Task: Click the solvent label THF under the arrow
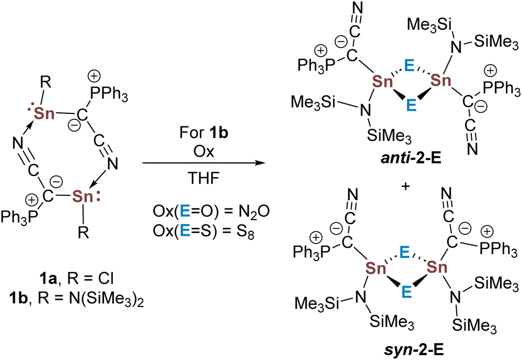[204, 178]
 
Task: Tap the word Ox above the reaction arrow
[204, 151]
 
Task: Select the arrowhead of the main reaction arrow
[261, 163]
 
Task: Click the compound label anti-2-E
[411, 159]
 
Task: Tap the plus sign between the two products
[405, 186]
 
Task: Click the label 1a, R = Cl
[77, 279]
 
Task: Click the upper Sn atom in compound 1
[44, 113]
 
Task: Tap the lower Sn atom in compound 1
[83, 196]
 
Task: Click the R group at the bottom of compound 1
[83, 233]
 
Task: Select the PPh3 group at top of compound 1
[109, 97]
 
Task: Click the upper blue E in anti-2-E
[409, 66]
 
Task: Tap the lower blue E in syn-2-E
[406, 292]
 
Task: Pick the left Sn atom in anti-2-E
[383, 81]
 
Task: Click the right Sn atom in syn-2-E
[437, 267]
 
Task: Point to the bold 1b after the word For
[219, 132]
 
